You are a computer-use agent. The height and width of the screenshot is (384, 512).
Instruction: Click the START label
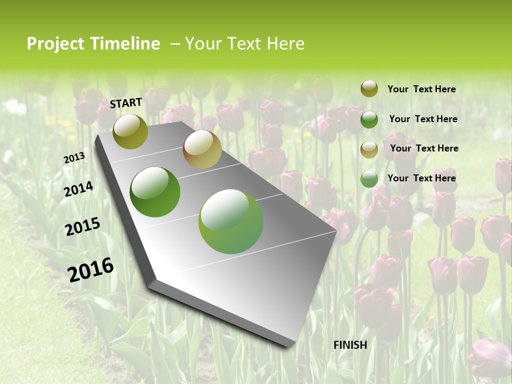click(126, 103)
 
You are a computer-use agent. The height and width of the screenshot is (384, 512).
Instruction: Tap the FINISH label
click(350, 345)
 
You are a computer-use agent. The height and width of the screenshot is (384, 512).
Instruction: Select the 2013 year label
click(74, 158)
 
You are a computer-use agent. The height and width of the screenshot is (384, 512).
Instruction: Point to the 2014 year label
click(78, 189)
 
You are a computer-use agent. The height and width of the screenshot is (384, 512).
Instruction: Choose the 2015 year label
click(82, 227)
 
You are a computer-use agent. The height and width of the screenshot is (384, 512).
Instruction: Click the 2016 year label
click(91, 269)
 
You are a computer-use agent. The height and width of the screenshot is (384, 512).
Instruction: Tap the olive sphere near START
click(130, 132)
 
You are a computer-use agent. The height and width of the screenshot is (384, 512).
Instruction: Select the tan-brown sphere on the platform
click(202, 149)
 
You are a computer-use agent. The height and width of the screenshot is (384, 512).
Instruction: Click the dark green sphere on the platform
click(155, 192)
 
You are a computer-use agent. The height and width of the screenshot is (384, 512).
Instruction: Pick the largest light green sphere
click(231, 221)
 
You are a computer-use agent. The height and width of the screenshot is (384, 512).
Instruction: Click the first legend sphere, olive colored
click(369, 89)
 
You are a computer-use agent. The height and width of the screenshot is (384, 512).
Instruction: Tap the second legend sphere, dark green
click(369, 119)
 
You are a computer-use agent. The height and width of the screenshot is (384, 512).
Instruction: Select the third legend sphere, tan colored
click(369, 149)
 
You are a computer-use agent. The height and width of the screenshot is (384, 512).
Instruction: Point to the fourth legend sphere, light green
click(369, 179)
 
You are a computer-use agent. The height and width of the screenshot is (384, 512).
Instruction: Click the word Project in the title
click(55, 44)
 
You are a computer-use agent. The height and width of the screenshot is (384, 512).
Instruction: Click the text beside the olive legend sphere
click(421, 89)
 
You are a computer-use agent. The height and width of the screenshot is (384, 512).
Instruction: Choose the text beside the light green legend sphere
click(421, 178)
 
